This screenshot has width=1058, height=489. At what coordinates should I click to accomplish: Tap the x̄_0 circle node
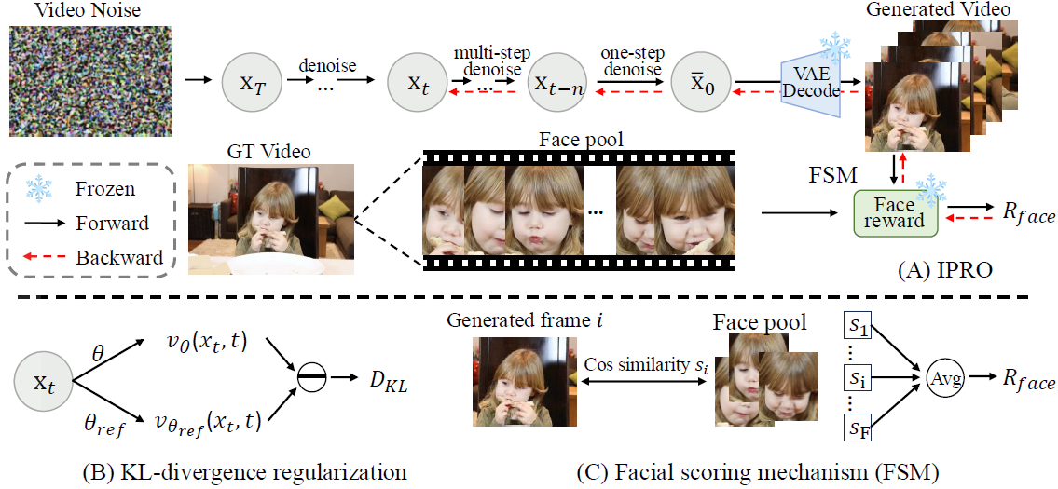[700, 81]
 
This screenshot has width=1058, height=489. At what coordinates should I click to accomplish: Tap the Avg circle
[941, 381]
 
